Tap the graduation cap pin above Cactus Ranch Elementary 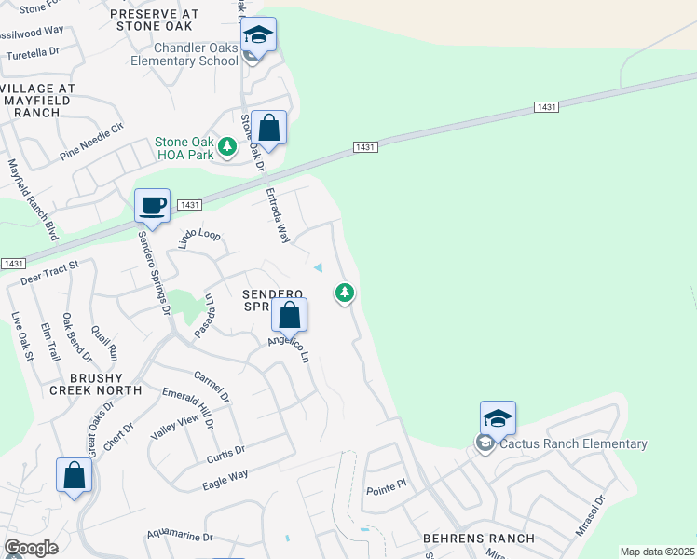(498, 418)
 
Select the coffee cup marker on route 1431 (152, 206)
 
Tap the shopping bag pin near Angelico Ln (290, 316)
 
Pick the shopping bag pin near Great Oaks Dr (74, 475)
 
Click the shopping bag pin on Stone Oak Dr (268, 129)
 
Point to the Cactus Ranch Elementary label (573, 444)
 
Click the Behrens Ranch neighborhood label (478, 539)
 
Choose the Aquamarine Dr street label (180, 538)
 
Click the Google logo (31, 548)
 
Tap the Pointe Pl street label (387, 487)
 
